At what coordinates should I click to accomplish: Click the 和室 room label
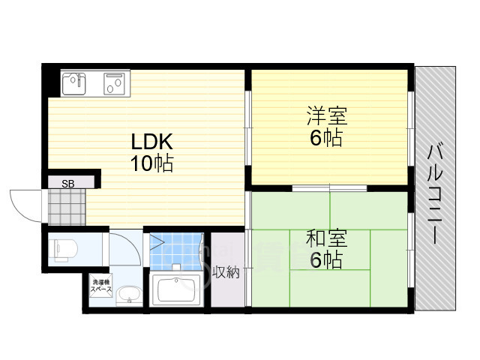point(325,240)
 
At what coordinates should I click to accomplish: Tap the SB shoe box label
point(67,183)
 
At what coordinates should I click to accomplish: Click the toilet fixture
point(64,247)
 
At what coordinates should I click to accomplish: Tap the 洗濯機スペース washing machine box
point(100,286)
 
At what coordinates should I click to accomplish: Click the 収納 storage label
point(226,272)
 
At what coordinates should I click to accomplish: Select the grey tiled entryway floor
point(66,206)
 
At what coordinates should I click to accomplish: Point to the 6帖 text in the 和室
point(325,260)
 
